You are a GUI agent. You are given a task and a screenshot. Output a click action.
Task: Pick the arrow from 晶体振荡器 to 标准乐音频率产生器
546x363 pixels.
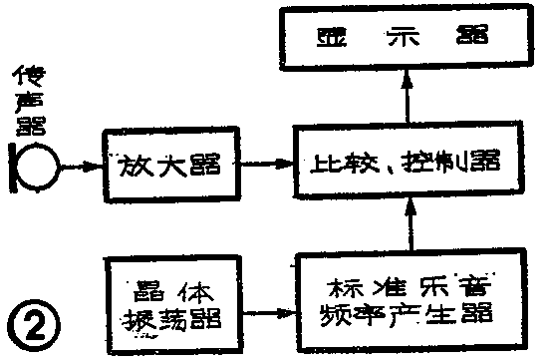[x=264, y=310]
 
